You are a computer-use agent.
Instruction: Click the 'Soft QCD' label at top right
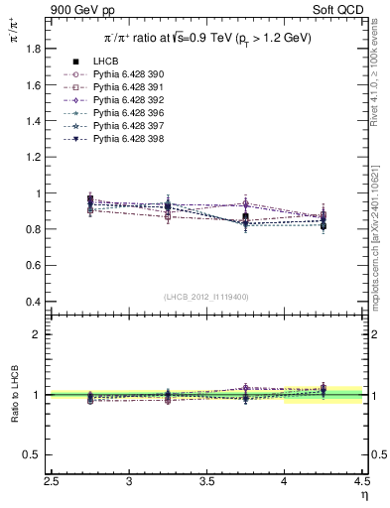(342, 9)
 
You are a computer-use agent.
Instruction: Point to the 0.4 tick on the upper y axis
(39, 302)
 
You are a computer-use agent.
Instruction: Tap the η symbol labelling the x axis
(363, 496)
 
